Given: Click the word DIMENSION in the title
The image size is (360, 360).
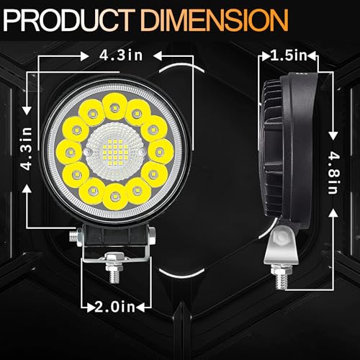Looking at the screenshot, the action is coord(215,19).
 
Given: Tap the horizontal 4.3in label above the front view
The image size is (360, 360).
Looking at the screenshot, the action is coord(121,55).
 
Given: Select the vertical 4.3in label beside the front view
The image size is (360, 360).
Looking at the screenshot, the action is coord(27,149).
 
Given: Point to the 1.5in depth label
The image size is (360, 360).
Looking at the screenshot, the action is coord(289,55).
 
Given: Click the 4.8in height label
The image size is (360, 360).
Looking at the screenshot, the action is coord(333,173).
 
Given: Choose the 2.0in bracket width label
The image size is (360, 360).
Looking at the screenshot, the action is coord(114,307).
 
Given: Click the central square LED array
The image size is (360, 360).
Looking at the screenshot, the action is coord(112,152).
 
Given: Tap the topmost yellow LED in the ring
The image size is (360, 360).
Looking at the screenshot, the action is coord(114,107).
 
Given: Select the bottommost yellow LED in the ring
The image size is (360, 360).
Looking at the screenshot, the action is coord(115,197).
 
